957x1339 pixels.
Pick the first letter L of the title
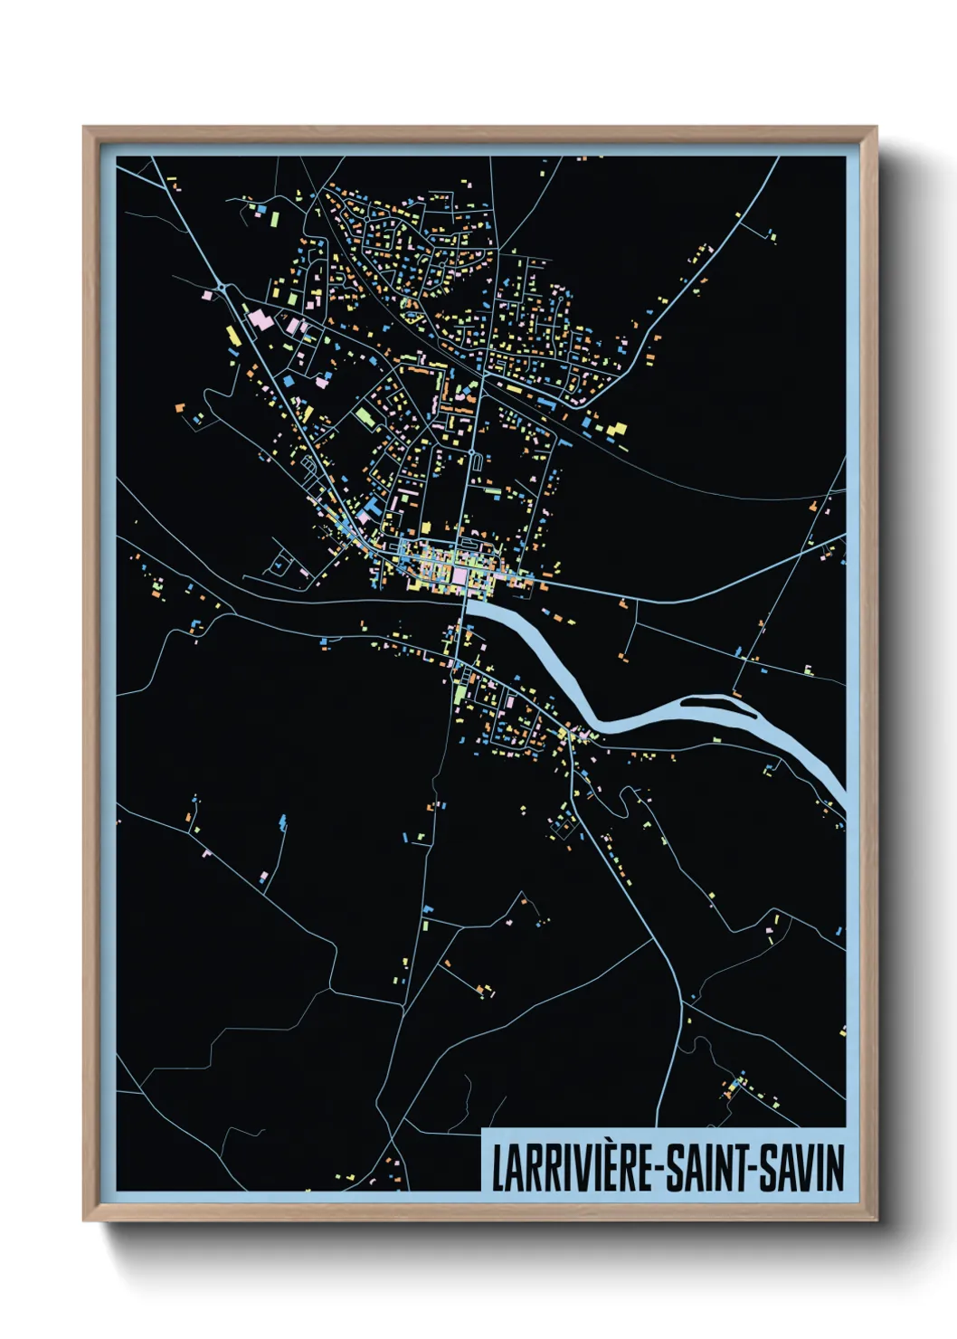point(497,1168)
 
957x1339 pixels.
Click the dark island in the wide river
point(715,700)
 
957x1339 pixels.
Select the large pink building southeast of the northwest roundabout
point(260,319)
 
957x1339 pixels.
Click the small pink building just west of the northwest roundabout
point(206,295)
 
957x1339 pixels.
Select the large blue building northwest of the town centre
point(371,504)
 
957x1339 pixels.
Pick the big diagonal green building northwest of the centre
point(365,417)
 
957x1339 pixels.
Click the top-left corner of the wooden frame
point(84,128)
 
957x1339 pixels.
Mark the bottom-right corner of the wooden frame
point(876,1220)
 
